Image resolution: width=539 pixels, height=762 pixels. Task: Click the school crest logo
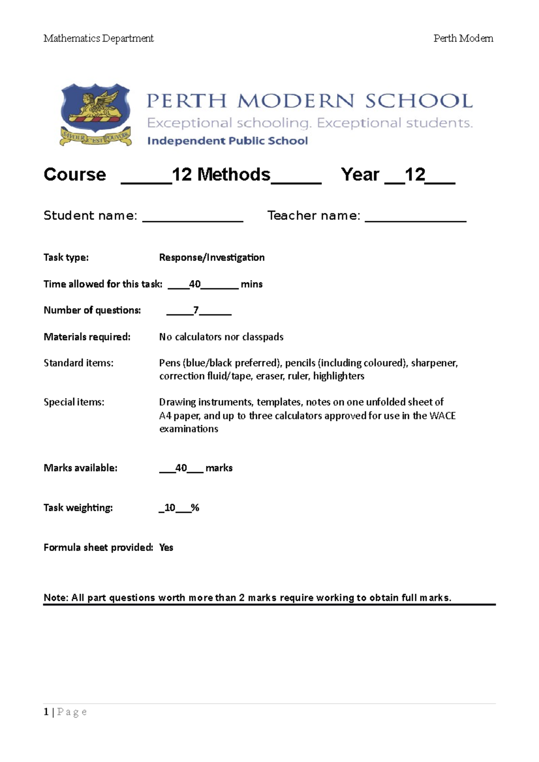tap(96, 114)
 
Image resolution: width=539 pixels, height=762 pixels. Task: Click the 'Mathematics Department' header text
tap(98, 39)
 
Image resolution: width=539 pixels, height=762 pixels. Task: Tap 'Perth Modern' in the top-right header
tap(463, 39)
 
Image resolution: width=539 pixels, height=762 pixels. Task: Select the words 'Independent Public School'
tap(227, 141)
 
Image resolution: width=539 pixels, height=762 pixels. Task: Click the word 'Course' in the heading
tap(75, 175)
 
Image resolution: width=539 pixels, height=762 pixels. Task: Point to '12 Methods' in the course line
tap(221, 175)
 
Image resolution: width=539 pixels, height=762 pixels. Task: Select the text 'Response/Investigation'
tap(212, 258)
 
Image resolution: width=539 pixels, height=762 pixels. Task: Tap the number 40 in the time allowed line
tap(194, 284)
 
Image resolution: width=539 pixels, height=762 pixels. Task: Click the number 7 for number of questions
tap(196, 310)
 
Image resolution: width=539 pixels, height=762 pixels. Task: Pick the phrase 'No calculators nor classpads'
tap(221, 337)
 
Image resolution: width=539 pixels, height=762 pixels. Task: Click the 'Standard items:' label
tap(78, 363)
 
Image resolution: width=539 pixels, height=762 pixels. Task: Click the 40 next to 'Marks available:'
tap(181, 468)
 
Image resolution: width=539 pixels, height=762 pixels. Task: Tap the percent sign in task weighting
tap(195, 508)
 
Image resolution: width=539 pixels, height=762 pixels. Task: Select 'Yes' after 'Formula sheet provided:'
tap(166, 547)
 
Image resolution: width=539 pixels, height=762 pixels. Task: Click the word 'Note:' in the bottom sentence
tap(56, 598)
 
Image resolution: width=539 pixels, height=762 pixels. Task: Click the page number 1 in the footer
tap(46, 712)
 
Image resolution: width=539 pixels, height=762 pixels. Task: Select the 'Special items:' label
tap(74, 402)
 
